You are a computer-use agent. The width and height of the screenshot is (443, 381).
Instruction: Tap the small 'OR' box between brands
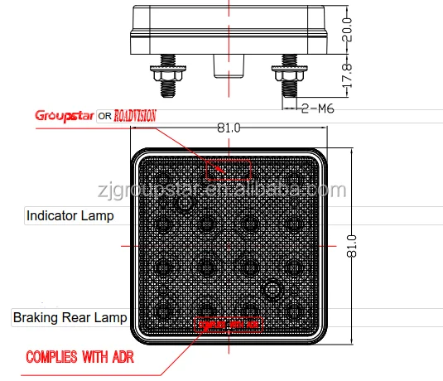pos(105,116)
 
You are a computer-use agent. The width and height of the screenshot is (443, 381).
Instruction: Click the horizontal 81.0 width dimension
pos(228,128)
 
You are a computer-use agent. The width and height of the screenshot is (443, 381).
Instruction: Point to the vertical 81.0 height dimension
pos(351,246)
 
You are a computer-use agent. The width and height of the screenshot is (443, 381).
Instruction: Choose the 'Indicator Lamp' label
pos(70,216)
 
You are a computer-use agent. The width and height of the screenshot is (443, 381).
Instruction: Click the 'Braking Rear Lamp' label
pos(70,317)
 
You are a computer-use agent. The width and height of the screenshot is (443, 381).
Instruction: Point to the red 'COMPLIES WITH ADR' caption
pos(79,359)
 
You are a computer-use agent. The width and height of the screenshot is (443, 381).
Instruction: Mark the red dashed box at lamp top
pos(228,169)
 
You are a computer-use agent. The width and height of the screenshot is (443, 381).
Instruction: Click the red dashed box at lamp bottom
pos(228,324)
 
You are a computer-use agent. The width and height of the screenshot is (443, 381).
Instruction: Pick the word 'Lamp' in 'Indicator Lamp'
pos(97,216)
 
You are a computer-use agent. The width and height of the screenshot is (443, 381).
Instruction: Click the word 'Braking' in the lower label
pos(36,317)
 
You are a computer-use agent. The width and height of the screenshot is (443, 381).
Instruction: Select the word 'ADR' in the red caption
pos(119,359)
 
